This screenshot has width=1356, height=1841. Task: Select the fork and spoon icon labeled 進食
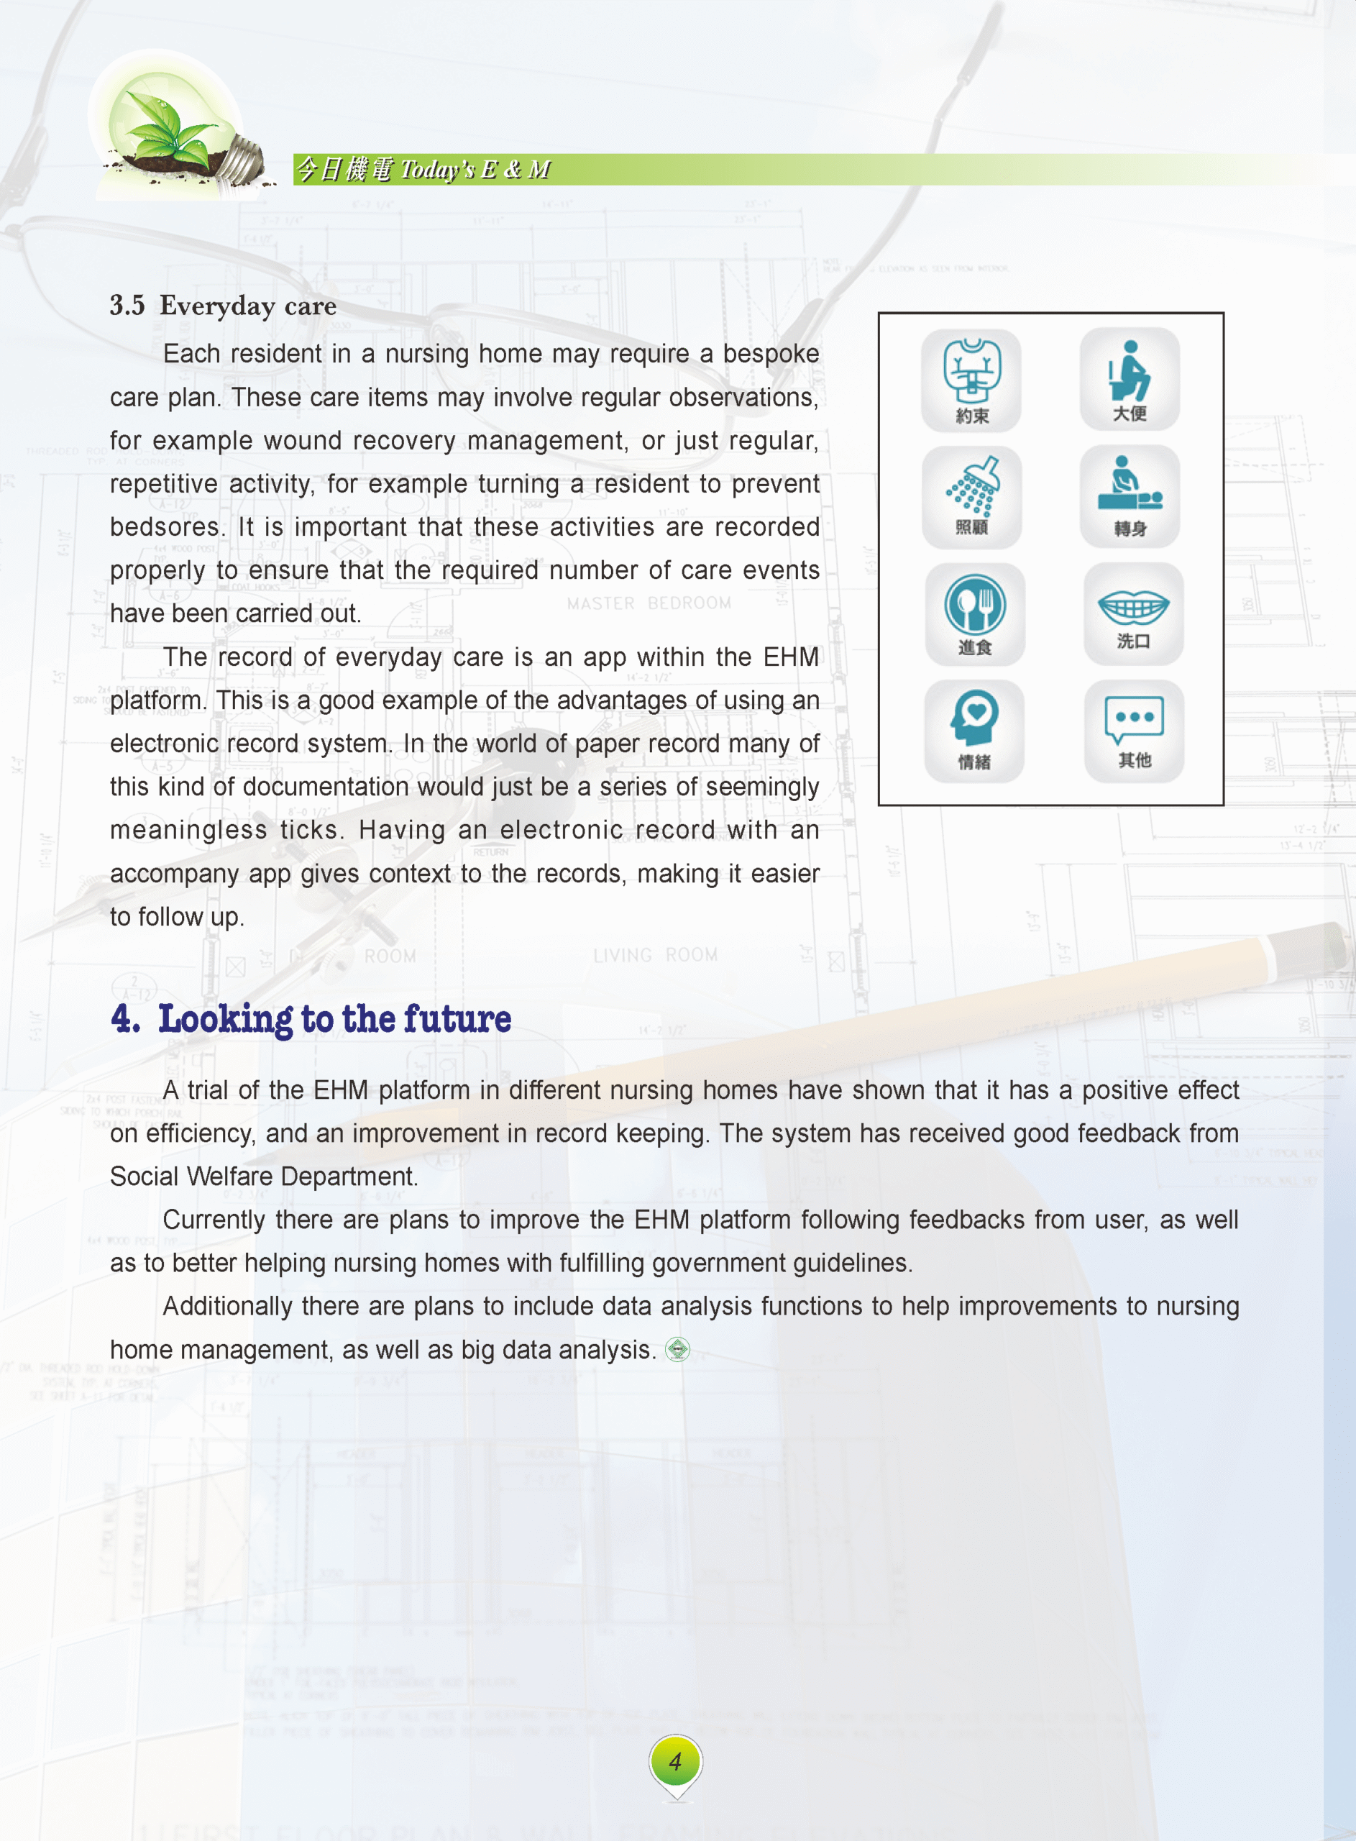click(x=974, y=613)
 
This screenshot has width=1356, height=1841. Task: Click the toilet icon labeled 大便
click(x=1130, y=378)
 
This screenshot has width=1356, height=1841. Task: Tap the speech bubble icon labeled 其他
click(x=1134, y=730)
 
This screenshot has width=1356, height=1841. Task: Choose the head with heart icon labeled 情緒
click(x=974, y=730)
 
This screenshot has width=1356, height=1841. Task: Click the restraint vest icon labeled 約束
click(x=971, y=379)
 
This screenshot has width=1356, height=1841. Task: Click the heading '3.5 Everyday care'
click(x=224, y=306)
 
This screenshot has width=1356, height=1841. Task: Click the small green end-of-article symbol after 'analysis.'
click(x=677, y=1349)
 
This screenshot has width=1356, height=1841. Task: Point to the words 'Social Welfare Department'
click(x=262, y=1177)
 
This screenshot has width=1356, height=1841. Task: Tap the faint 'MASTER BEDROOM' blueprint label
click(x=649, y=603)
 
